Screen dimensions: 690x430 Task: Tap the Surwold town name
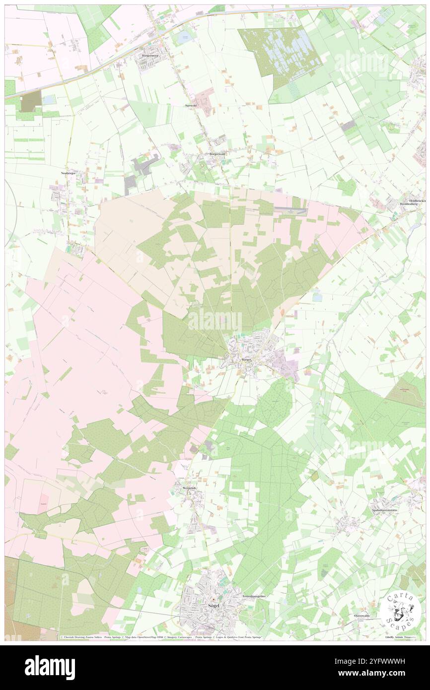pos(191,106)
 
